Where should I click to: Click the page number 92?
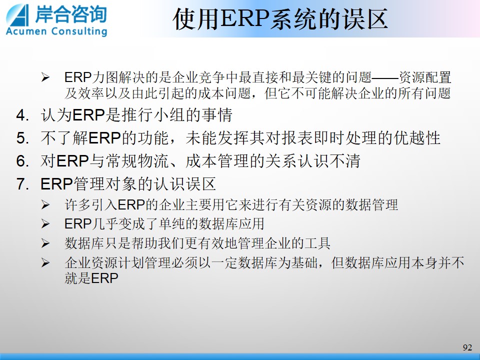pyautogui.click(x=467, y=347)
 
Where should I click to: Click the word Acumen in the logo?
pyautogui.click(x=26, y=31)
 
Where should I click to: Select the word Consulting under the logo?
pyautogui.click(x=79, y=31)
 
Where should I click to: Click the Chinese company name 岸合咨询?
pyautogui.click(x=71, y=14)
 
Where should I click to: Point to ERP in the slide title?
pyautogui.click(x=244, y=19)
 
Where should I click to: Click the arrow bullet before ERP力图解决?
pyautogui.click(x=45, y=77)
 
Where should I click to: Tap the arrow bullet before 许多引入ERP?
pyautogui.click(x=45, y=205)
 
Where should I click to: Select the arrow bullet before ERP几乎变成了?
pyautogui.click(x=45, y=224)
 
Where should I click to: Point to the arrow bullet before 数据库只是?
pyautogui.click(x=45, y=243)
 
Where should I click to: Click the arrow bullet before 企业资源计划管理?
pyautogui.click(x=45, y=262)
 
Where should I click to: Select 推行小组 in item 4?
pyautogui.click(x=153, y=115)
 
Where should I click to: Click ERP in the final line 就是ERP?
pyautogui.click(x=104, y=278)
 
